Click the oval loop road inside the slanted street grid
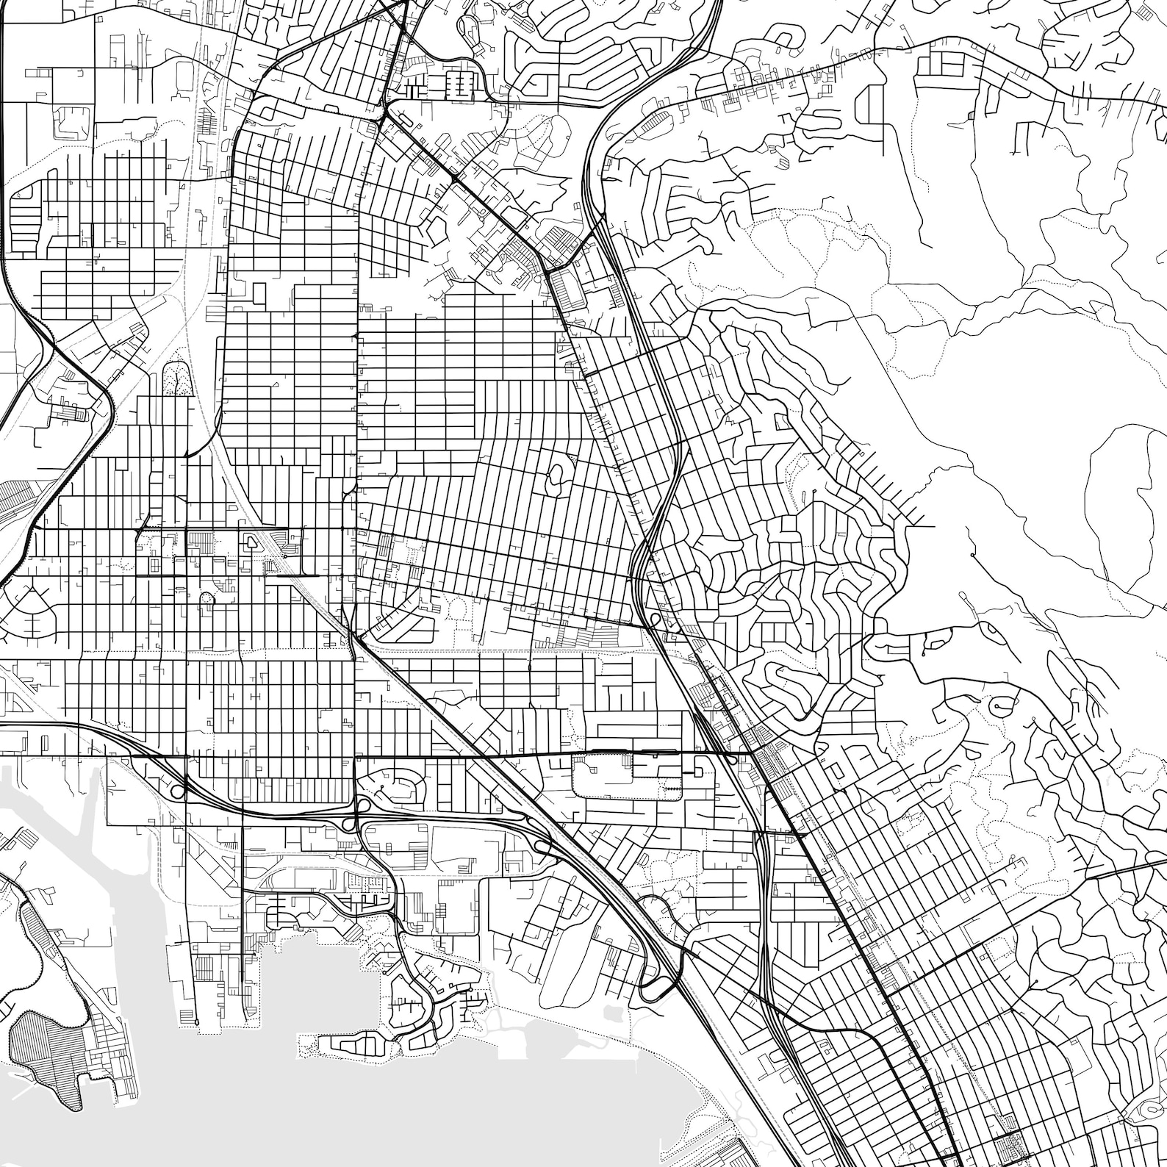[555, 478]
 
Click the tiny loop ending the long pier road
[197, 1022]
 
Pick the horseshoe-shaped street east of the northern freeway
[785, 37]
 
